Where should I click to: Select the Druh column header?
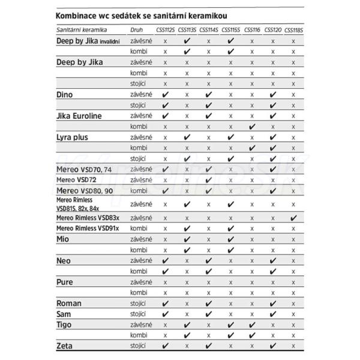pos(137,29)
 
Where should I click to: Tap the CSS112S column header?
pos(166,29)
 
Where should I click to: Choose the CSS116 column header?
pos(252,29)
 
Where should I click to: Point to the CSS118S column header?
pos(293,29)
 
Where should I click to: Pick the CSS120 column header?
pos(273,29)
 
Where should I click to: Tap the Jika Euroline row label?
pos(81,115)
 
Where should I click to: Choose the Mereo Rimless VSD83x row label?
pos(88,218)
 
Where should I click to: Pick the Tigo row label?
pos(64,324)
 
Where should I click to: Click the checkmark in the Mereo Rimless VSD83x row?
pos(293,218)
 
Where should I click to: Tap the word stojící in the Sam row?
pos(139,313)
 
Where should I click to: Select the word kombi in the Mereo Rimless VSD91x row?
pos(139,229)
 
